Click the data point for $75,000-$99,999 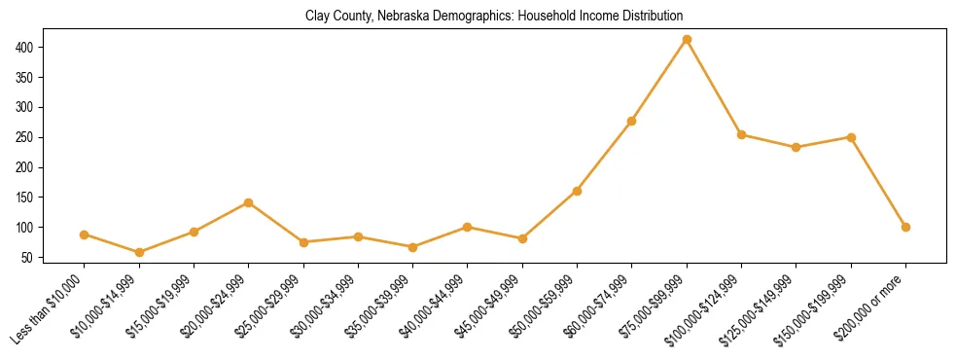(687, 39)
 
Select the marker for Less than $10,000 (84, 234)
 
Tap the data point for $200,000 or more (905, 227)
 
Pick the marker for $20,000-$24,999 (248, 202)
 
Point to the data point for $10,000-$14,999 (139, 252)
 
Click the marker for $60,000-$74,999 (632, 121)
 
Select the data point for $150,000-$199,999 (851, 137)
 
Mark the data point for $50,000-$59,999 (577, 191)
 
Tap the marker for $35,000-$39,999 (412, 247)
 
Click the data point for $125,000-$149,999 (797, 147)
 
